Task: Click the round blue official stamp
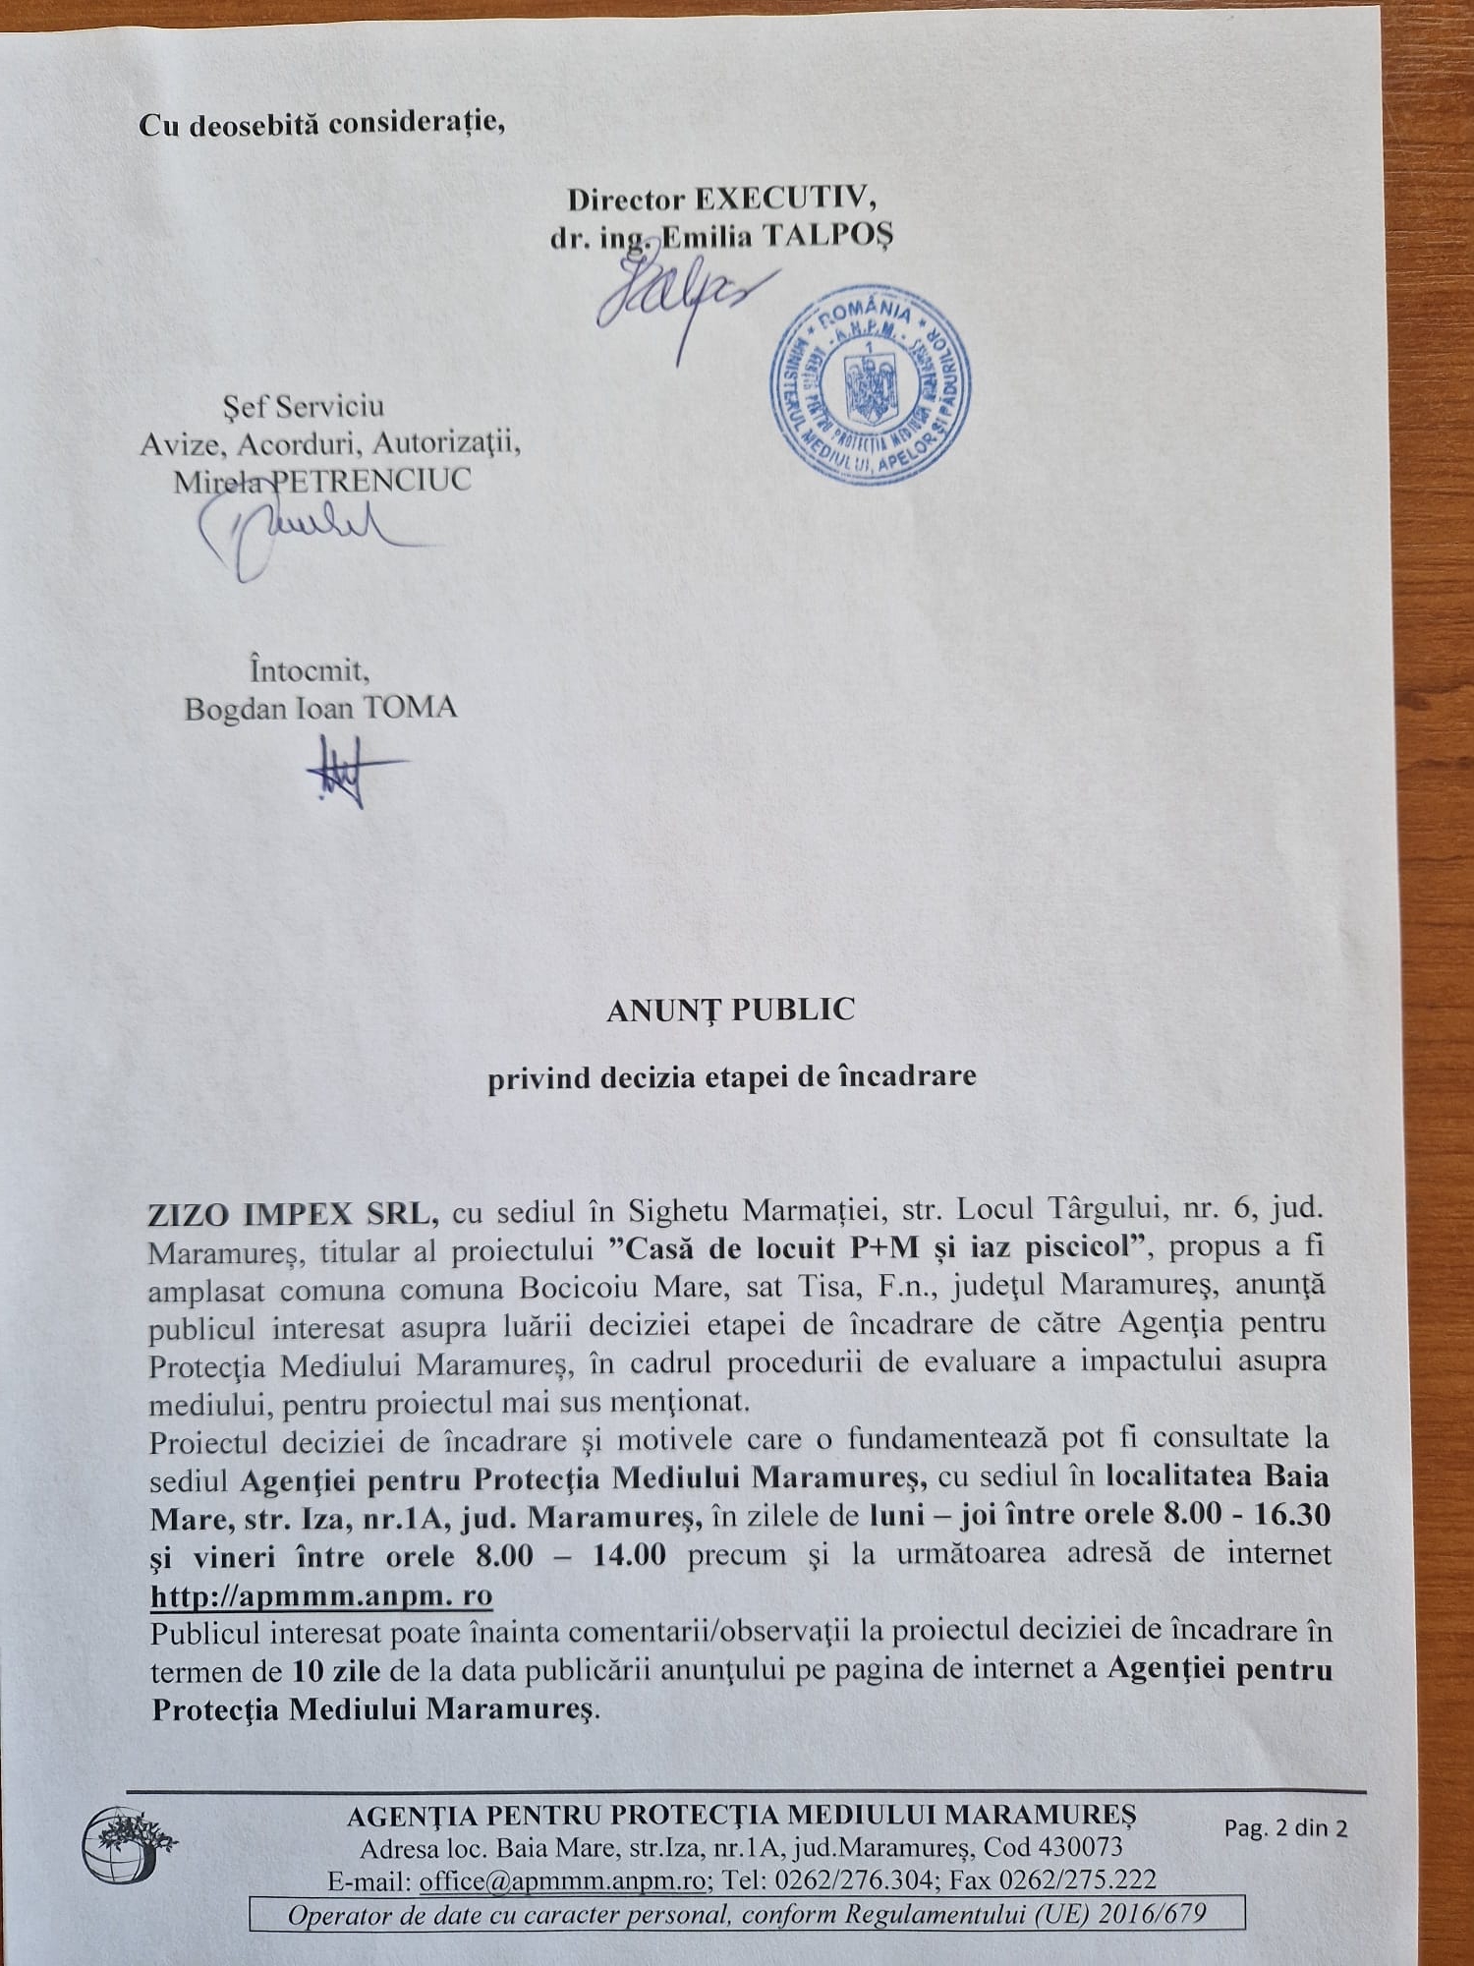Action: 870,384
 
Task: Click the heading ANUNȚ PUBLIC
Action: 730,1011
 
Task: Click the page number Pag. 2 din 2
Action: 1285,1827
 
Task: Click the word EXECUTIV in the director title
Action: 785,200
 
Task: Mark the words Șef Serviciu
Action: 303,406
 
